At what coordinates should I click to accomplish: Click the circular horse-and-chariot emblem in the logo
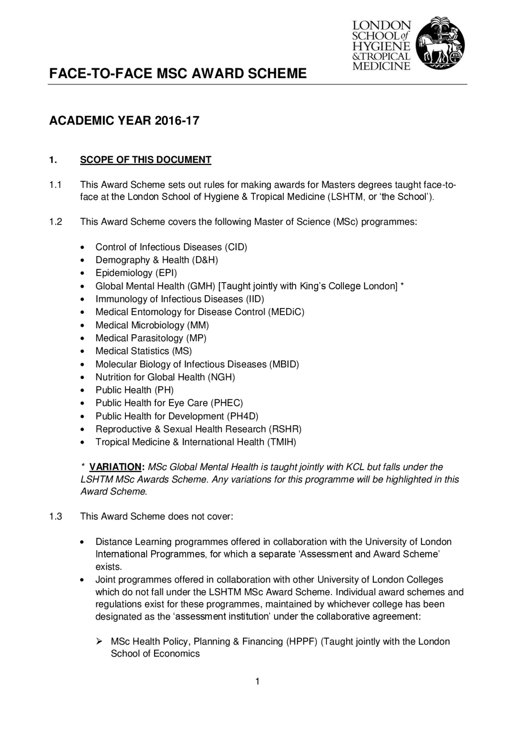440,43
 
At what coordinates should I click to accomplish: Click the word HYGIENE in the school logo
381,46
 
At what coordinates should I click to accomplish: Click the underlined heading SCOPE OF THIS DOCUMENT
145,160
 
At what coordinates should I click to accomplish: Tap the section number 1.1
55,185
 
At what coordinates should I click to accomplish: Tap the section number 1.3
55,516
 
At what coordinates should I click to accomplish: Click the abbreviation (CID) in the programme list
235,247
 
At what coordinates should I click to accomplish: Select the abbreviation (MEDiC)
286,312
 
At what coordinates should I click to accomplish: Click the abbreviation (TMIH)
281,442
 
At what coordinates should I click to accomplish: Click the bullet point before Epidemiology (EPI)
82,274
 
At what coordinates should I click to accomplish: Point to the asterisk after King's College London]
402,285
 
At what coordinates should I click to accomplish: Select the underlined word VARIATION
115,467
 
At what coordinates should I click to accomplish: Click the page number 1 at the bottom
257,682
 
